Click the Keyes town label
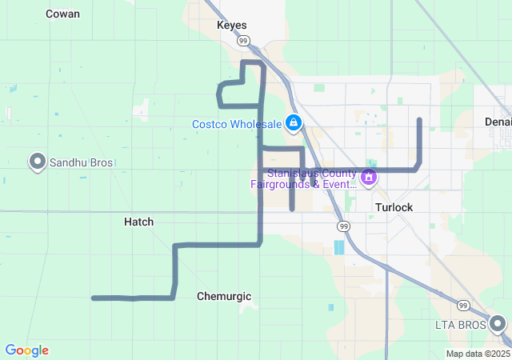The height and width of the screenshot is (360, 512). point(232,25)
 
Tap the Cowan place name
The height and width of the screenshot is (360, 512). point(62,14)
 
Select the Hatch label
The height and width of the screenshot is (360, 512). point(138,222)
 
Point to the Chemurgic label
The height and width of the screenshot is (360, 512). point(224,296)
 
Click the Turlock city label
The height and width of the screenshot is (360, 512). point(394,207)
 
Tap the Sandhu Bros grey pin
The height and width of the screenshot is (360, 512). point(37,162)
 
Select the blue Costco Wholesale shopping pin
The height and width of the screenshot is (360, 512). point(294,122)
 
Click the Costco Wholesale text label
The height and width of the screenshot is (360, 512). point(237,124)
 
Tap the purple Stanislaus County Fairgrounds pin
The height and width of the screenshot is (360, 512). point(369,176)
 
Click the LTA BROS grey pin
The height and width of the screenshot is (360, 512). point(498,323)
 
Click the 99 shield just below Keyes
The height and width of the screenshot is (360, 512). point(244,40)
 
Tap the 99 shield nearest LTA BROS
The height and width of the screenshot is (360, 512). point(462,305)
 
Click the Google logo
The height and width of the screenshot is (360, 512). point(26,350)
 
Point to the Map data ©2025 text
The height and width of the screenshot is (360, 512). point(478,354)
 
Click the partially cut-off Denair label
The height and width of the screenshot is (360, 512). point(498,122)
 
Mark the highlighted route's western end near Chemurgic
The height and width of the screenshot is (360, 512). point(94,298)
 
